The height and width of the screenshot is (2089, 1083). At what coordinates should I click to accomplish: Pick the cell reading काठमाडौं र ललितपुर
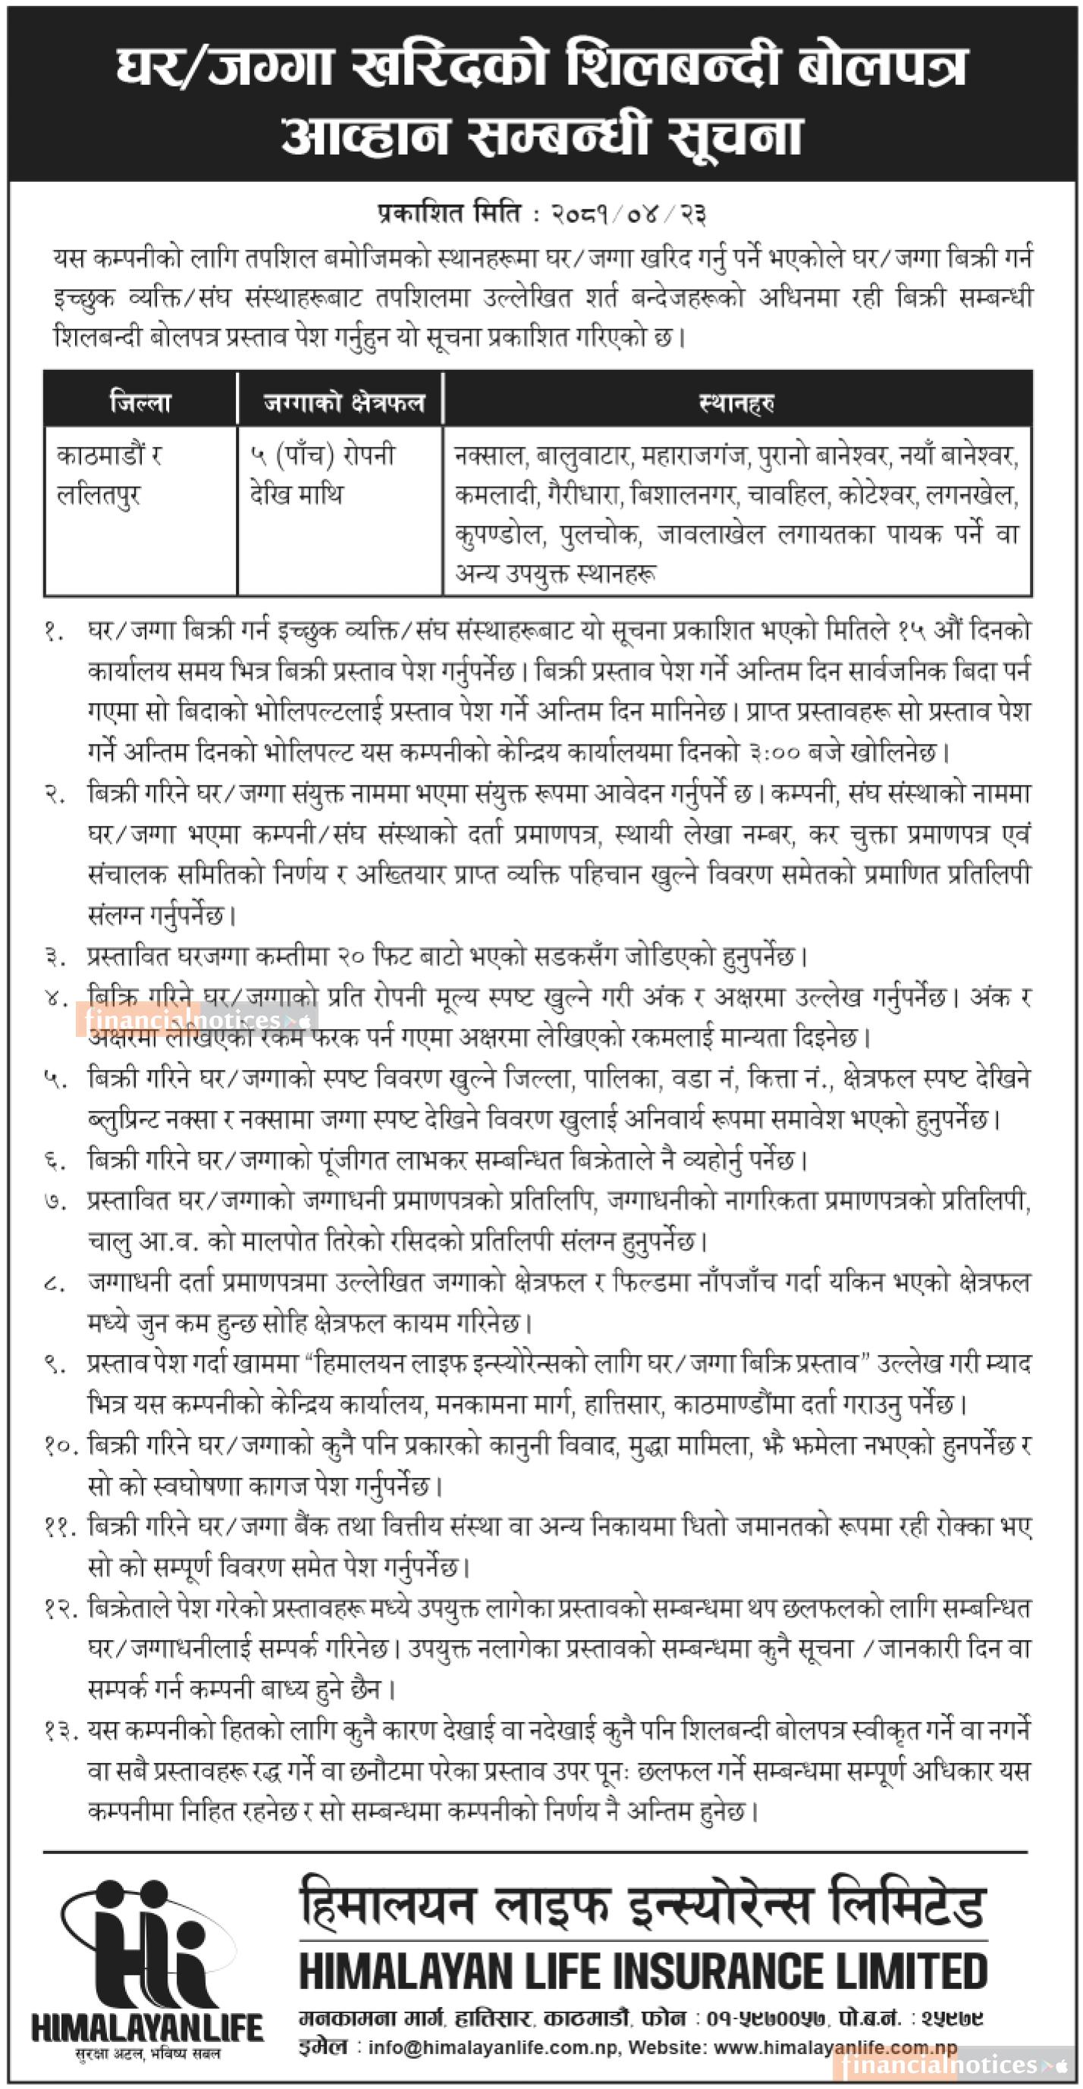tap(108, 475)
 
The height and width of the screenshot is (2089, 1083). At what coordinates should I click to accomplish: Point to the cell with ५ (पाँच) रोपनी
tap(323, 456)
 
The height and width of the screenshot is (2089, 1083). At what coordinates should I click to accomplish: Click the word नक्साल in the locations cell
tap(489, 456)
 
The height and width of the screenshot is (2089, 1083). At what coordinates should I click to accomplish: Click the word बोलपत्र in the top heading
tap(881, 67)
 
